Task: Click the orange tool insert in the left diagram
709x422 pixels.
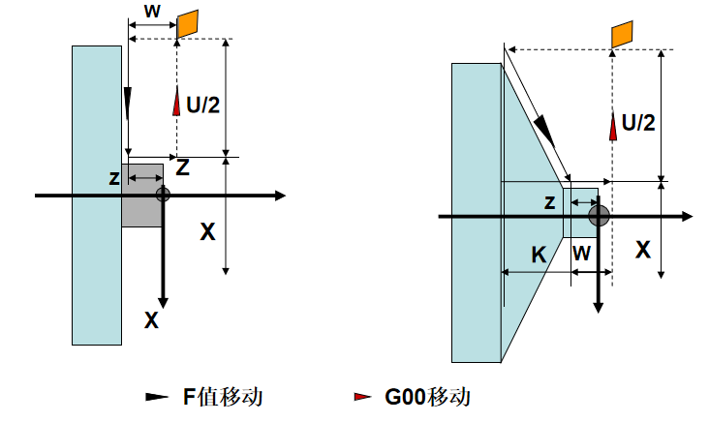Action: coord(187,24)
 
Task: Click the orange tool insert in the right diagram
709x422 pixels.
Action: coord(622,34)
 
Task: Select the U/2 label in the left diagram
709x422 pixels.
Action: coord(203,105)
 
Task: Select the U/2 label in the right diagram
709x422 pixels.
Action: coord(638,123)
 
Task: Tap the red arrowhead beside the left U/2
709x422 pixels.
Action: coord(176,101)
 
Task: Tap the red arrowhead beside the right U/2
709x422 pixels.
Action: coord(613,126)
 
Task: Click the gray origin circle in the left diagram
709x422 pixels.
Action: coord(163,195)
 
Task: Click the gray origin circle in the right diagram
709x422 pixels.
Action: coord(599,216)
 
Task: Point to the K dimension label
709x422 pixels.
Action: coord(539,255)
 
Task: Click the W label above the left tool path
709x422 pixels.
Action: coord(152,11)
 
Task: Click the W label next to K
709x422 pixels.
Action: coord(581,253)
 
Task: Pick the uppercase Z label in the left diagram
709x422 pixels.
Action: coord(182,168)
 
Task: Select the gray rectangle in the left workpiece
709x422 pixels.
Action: coord(142,196)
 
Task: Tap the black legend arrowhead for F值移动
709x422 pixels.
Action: coord(157,397)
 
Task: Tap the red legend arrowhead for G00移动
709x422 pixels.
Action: coord(362,397)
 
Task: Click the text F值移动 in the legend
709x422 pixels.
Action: coord(223,397)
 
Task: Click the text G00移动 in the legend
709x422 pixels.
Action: coord(427,397)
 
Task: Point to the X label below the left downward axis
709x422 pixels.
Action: coord(151,320)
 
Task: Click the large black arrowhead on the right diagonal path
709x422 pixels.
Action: coord(544,131)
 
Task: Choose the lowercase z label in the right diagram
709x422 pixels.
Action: coord(549,202)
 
